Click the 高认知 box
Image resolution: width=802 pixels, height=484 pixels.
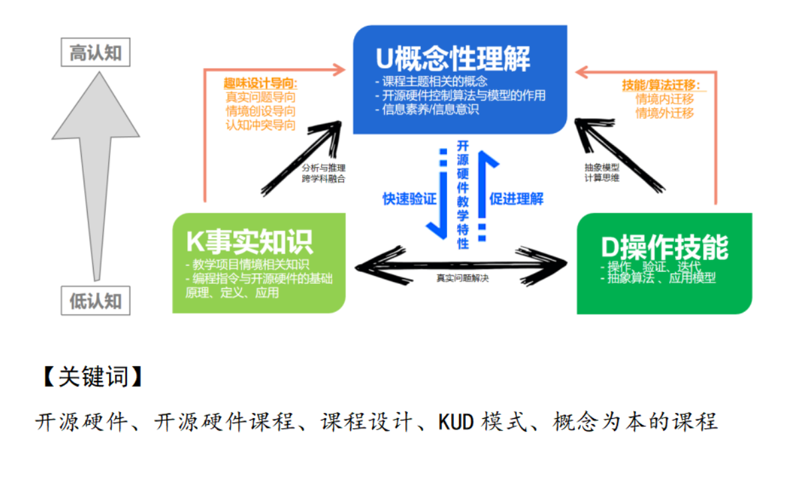pyautogui.click(x=96, y=53)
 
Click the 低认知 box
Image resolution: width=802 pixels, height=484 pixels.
pyautogui.click(x=96, y=301)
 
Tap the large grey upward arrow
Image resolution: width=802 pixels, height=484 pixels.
pyautogui.click(x=96, y=166)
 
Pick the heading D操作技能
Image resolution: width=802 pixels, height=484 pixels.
pyautogui.click(x=664, y=247)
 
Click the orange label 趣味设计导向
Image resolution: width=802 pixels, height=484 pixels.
pyautogui.click(x=260, y=84)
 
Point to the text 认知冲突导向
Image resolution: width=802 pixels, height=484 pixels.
pyautogui.click(x=260, y=124)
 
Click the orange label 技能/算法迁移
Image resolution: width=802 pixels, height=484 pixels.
pyautogui.click(x=661, y=85)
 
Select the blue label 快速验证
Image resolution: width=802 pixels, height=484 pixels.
pyautogui.click(x=409, y=199)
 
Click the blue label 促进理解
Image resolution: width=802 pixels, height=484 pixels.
pyautogui.click(x=516, y=199)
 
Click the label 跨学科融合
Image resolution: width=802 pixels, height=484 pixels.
pyautogui.click(x=324, y=178)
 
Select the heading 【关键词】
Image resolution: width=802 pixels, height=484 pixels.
pyautogui.click(x=91, y=377)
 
